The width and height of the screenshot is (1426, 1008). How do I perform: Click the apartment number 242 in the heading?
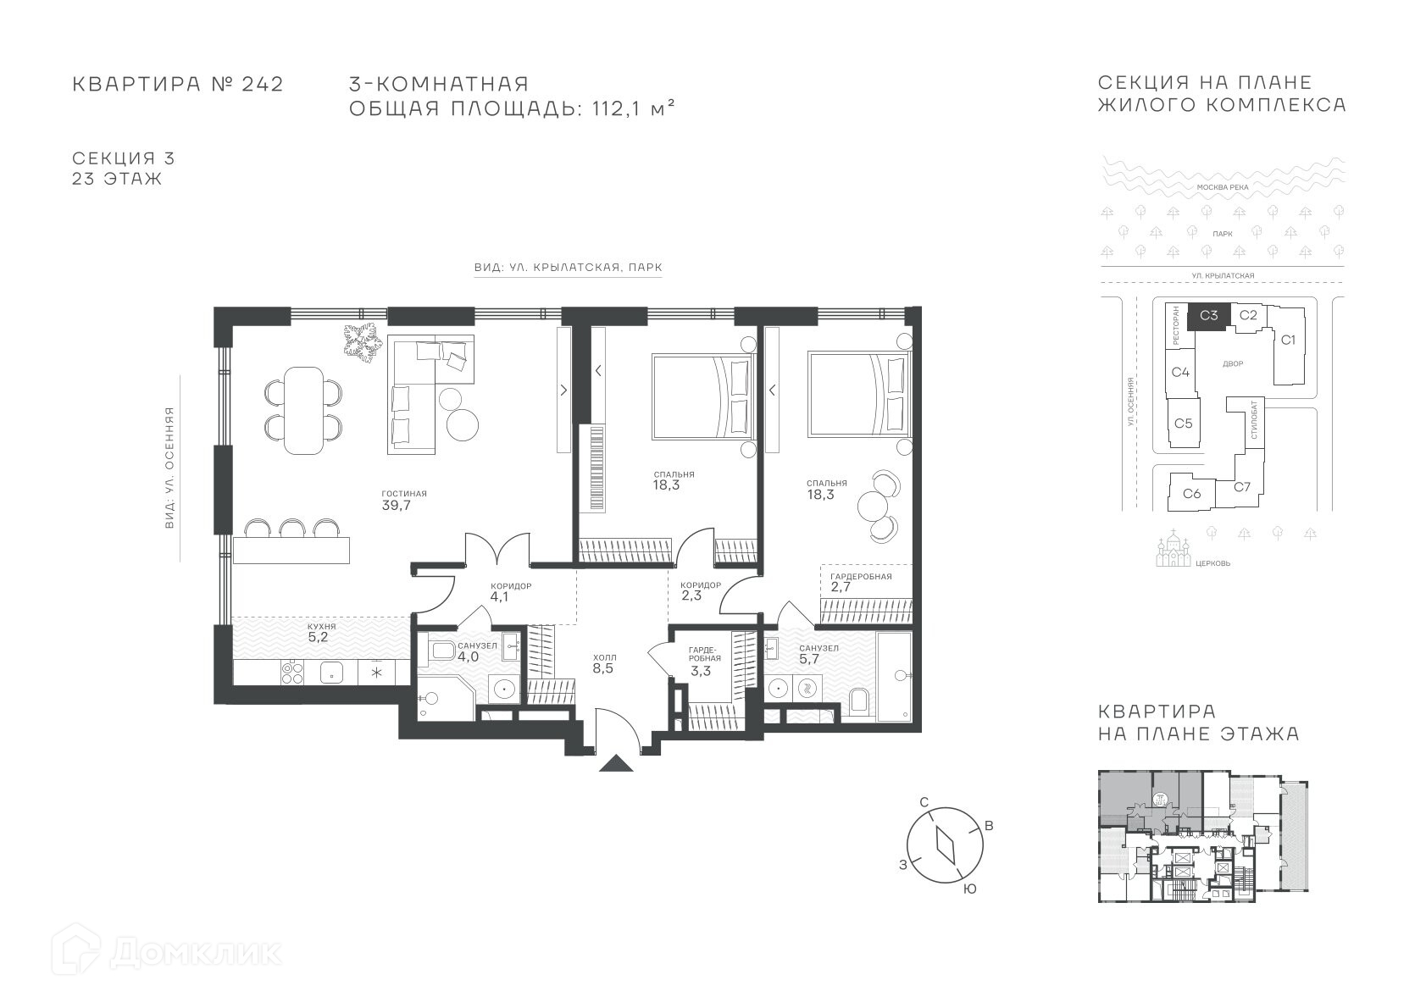(263, 85)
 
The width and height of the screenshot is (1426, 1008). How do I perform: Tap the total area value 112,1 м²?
(633, 108)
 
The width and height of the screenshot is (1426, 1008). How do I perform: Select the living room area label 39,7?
(396, 506)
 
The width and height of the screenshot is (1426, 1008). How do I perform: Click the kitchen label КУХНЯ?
(322, 626)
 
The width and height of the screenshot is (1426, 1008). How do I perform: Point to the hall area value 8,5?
(603, 668)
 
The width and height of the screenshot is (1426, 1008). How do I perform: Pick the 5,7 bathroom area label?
(809, 659)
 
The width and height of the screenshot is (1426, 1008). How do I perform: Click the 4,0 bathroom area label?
(468, 656)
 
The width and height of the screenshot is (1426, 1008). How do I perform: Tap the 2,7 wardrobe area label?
(841, 587)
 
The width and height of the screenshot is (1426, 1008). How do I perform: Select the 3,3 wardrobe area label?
(700, 671)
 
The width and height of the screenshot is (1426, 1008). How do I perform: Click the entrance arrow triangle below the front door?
(616, 764)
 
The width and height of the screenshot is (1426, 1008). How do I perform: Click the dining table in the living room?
(304, 411)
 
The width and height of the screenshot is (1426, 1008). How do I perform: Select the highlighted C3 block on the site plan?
(1208, 316)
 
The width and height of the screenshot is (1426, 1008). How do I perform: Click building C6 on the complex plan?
(1192, 493)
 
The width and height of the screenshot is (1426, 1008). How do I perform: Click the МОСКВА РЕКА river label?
(1223, 187)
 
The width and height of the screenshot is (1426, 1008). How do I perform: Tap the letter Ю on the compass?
(969, 889)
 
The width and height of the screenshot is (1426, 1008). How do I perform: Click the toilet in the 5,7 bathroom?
(859, 700)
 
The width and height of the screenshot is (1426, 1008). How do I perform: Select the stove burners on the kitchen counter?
(292, 673)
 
